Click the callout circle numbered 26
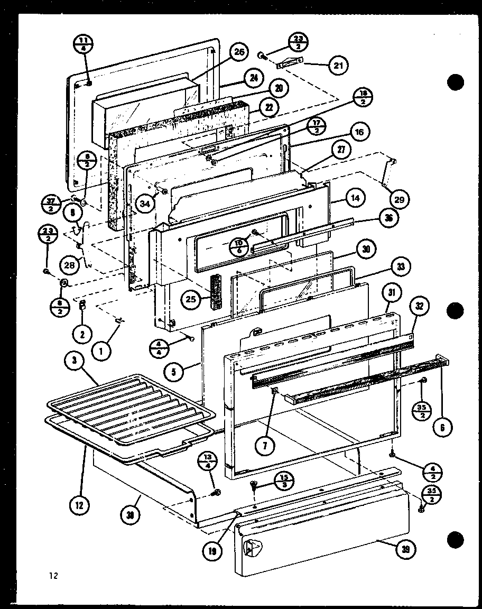pos(239,52)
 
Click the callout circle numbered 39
pos(405,550)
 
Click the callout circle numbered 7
pos(265,445)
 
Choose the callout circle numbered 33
pos(401,267)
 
